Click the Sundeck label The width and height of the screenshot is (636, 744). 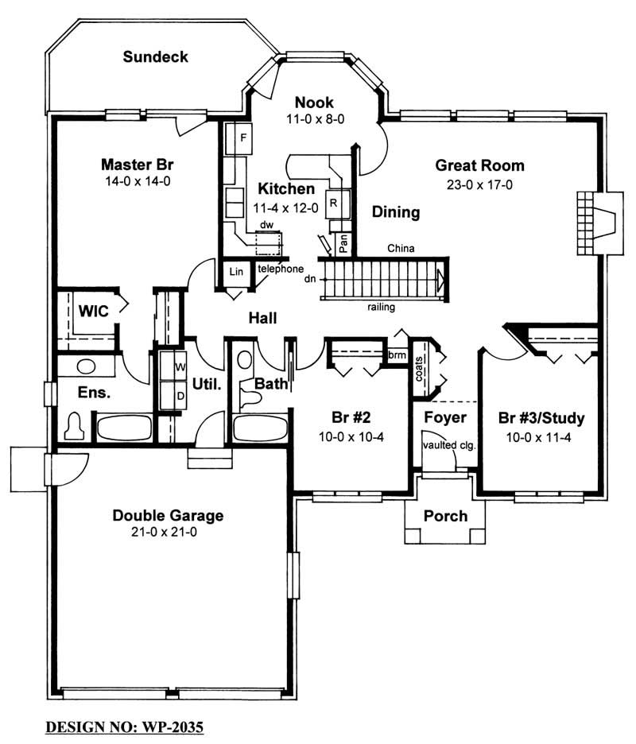tap(156, 56)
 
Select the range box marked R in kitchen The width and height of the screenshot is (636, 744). tap(335, 201)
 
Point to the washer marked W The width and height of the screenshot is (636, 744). tap(179, 366)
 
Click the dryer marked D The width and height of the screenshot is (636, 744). tap(179, 393)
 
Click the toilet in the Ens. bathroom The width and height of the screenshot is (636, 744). tap(76, 427)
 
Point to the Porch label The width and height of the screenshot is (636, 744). tap(445, 516)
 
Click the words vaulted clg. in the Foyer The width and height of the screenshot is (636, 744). tap(448, 445)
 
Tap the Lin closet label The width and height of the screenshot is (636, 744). tap(235, 272)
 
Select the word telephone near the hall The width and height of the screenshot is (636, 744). tap(281, 269)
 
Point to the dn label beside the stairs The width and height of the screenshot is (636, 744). tap(310, 279)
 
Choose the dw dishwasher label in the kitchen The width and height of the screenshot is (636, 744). tap(267, 226)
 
